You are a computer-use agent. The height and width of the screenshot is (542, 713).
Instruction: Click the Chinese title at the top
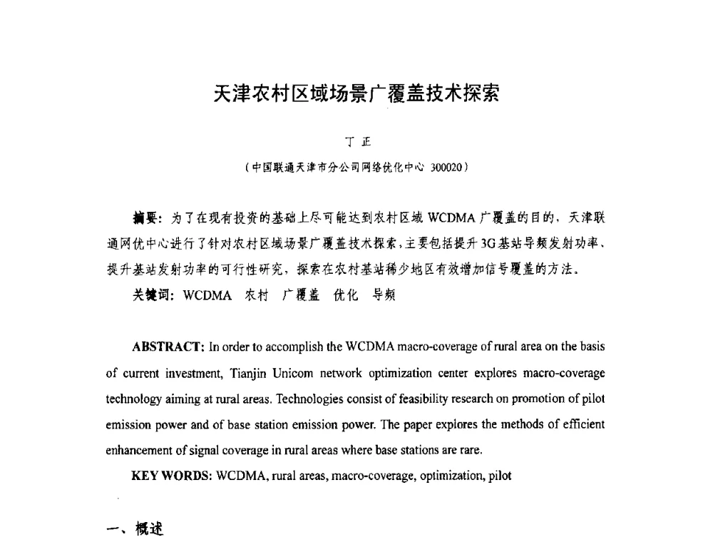point(356,94)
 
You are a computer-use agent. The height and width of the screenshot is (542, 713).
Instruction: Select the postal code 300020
point(446,168)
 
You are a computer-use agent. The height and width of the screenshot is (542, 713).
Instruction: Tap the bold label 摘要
point(146,218)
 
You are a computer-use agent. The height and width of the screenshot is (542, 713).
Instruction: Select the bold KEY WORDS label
point(171,476)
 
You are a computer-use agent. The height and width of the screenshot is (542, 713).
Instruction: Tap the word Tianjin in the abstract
point(250,373)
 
